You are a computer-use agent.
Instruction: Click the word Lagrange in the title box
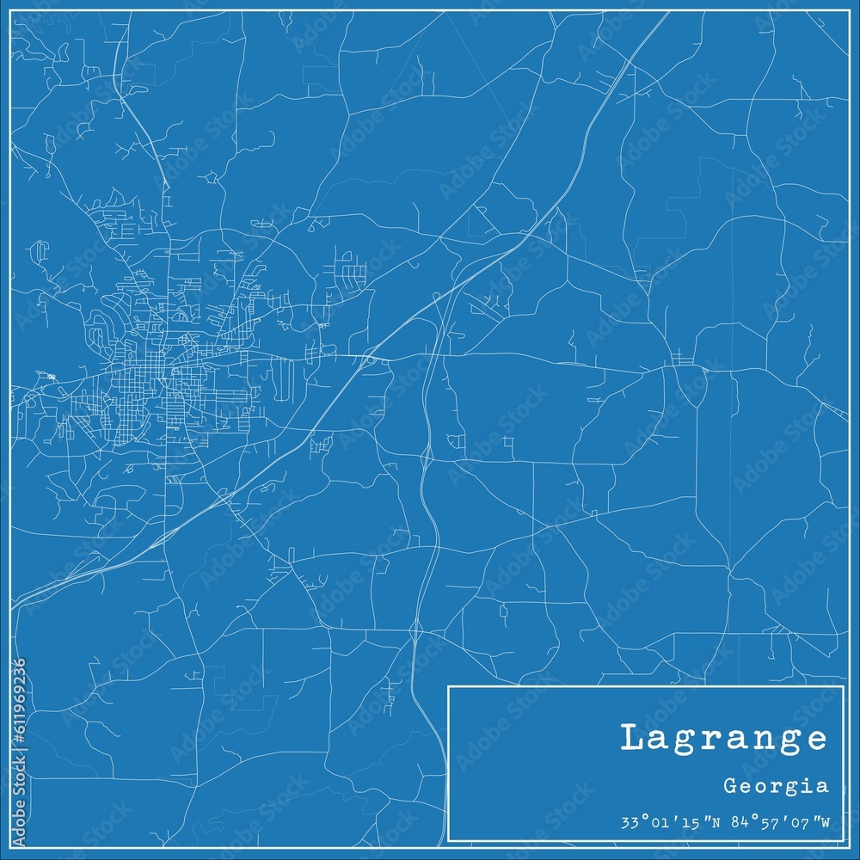pos(723,739)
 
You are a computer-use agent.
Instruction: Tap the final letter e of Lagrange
pos(817,740)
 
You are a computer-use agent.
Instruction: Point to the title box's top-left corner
pos(448,686)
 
